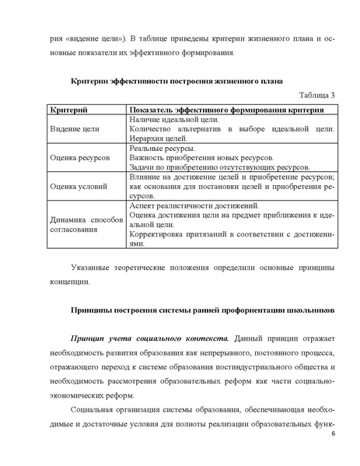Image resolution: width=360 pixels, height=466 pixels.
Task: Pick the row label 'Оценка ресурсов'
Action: pos(79,157)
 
